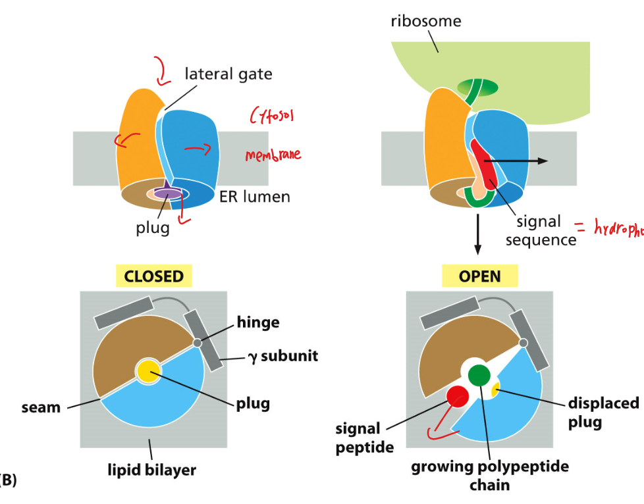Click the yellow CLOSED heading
click(154, 276)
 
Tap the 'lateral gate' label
click(228, 73)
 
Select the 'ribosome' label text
click(426, 21)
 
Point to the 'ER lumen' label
click(254, 196)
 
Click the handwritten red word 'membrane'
click(273, 155)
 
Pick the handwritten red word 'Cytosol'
click(272, 116)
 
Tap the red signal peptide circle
click(458, 396)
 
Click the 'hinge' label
click(259, 322)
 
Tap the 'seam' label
click(41, 407)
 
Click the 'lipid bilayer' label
click(152, 470)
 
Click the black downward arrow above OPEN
click(478, 238)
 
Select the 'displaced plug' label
click(603, 412)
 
